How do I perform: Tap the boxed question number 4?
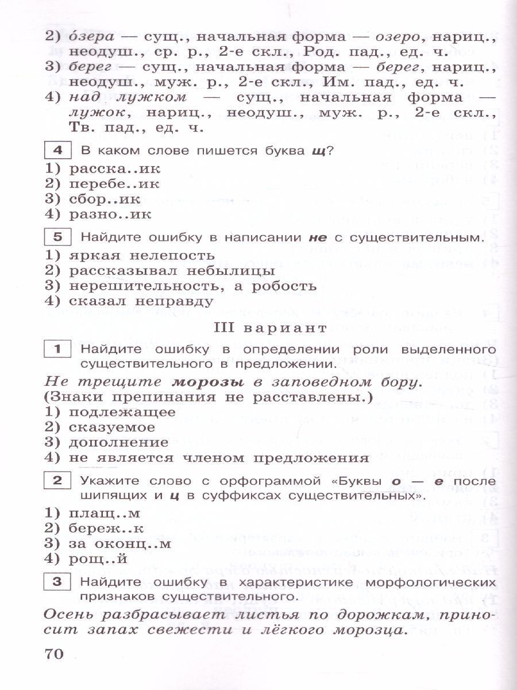(x=57, y=151)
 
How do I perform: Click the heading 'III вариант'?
(x=270, y=328)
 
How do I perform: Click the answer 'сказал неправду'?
(x=140, y=301)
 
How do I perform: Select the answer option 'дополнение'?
(x=118, y=443)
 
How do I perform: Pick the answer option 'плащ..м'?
(x=104, y=513)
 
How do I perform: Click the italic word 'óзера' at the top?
(x=92, y=36)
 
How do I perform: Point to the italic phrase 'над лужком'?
(x=126, y=97)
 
